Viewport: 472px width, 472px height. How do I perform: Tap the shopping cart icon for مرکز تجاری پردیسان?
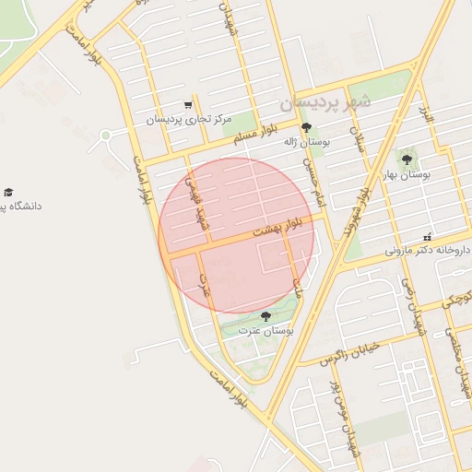(188, 105)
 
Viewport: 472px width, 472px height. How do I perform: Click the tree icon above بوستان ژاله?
(307, 128)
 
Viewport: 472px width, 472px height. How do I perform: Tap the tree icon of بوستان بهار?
(407, 160)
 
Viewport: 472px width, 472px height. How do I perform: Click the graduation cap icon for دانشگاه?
(8, 192)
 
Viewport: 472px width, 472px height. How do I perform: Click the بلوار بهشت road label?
(284, 228)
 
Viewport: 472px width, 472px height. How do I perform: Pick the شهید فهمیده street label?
(195, 203)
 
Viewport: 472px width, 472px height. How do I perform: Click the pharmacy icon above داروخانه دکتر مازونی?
(426, 236)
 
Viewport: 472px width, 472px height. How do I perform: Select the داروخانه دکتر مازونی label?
(419, 250)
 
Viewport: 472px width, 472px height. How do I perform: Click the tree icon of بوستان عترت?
(265, 316)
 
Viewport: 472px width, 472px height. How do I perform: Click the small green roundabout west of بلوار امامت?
(106, 136)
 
